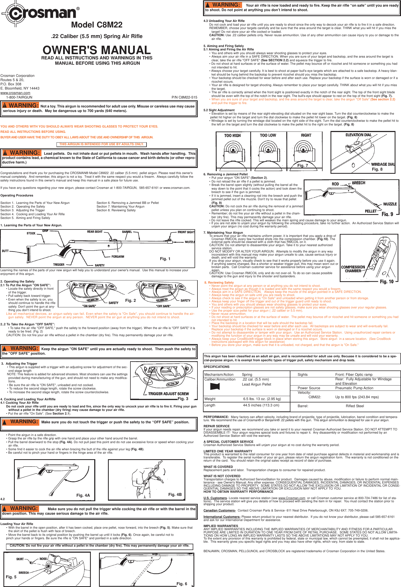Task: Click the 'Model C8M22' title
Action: [97, 25]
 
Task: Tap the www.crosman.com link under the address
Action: [15, 93]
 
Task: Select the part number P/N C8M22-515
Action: [184, 97]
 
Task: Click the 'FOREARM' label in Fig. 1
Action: [118, 257]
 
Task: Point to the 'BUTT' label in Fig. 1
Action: [5, 251]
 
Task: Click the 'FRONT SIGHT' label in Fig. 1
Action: [186, 232]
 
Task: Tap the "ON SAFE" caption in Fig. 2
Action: [89, 306]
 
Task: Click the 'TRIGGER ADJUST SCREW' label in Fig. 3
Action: [168, 394]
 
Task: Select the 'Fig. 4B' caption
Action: [175, 495]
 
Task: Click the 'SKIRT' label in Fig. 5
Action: [20, 559]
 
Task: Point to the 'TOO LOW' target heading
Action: [268, 135]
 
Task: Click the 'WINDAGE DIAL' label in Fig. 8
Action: [383, 164]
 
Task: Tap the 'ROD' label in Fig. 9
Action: [335, 184]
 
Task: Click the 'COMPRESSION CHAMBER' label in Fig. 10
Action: [353, 269]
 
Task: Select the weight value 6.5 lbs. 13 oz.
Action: [262, 399]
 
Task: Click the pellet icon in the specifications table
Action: [215, 386]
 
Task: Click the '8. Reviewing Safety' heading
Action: [219, 283]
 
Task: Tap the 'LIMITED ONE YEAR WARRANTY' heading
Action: [228, 451]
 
